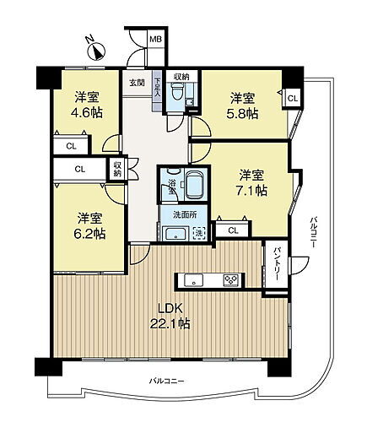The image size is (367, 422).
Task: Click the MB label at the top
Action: coord(155,39)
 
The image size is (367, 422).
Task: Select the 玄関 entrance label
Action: coord(137,82)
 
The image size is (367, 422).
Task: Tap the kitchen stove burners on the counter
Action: coord(229,280)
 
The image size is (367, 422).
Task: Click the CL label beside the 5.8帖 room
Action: coord(292,99)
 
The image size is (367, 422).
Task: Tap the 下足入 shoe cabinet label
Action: coord(157,89)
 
